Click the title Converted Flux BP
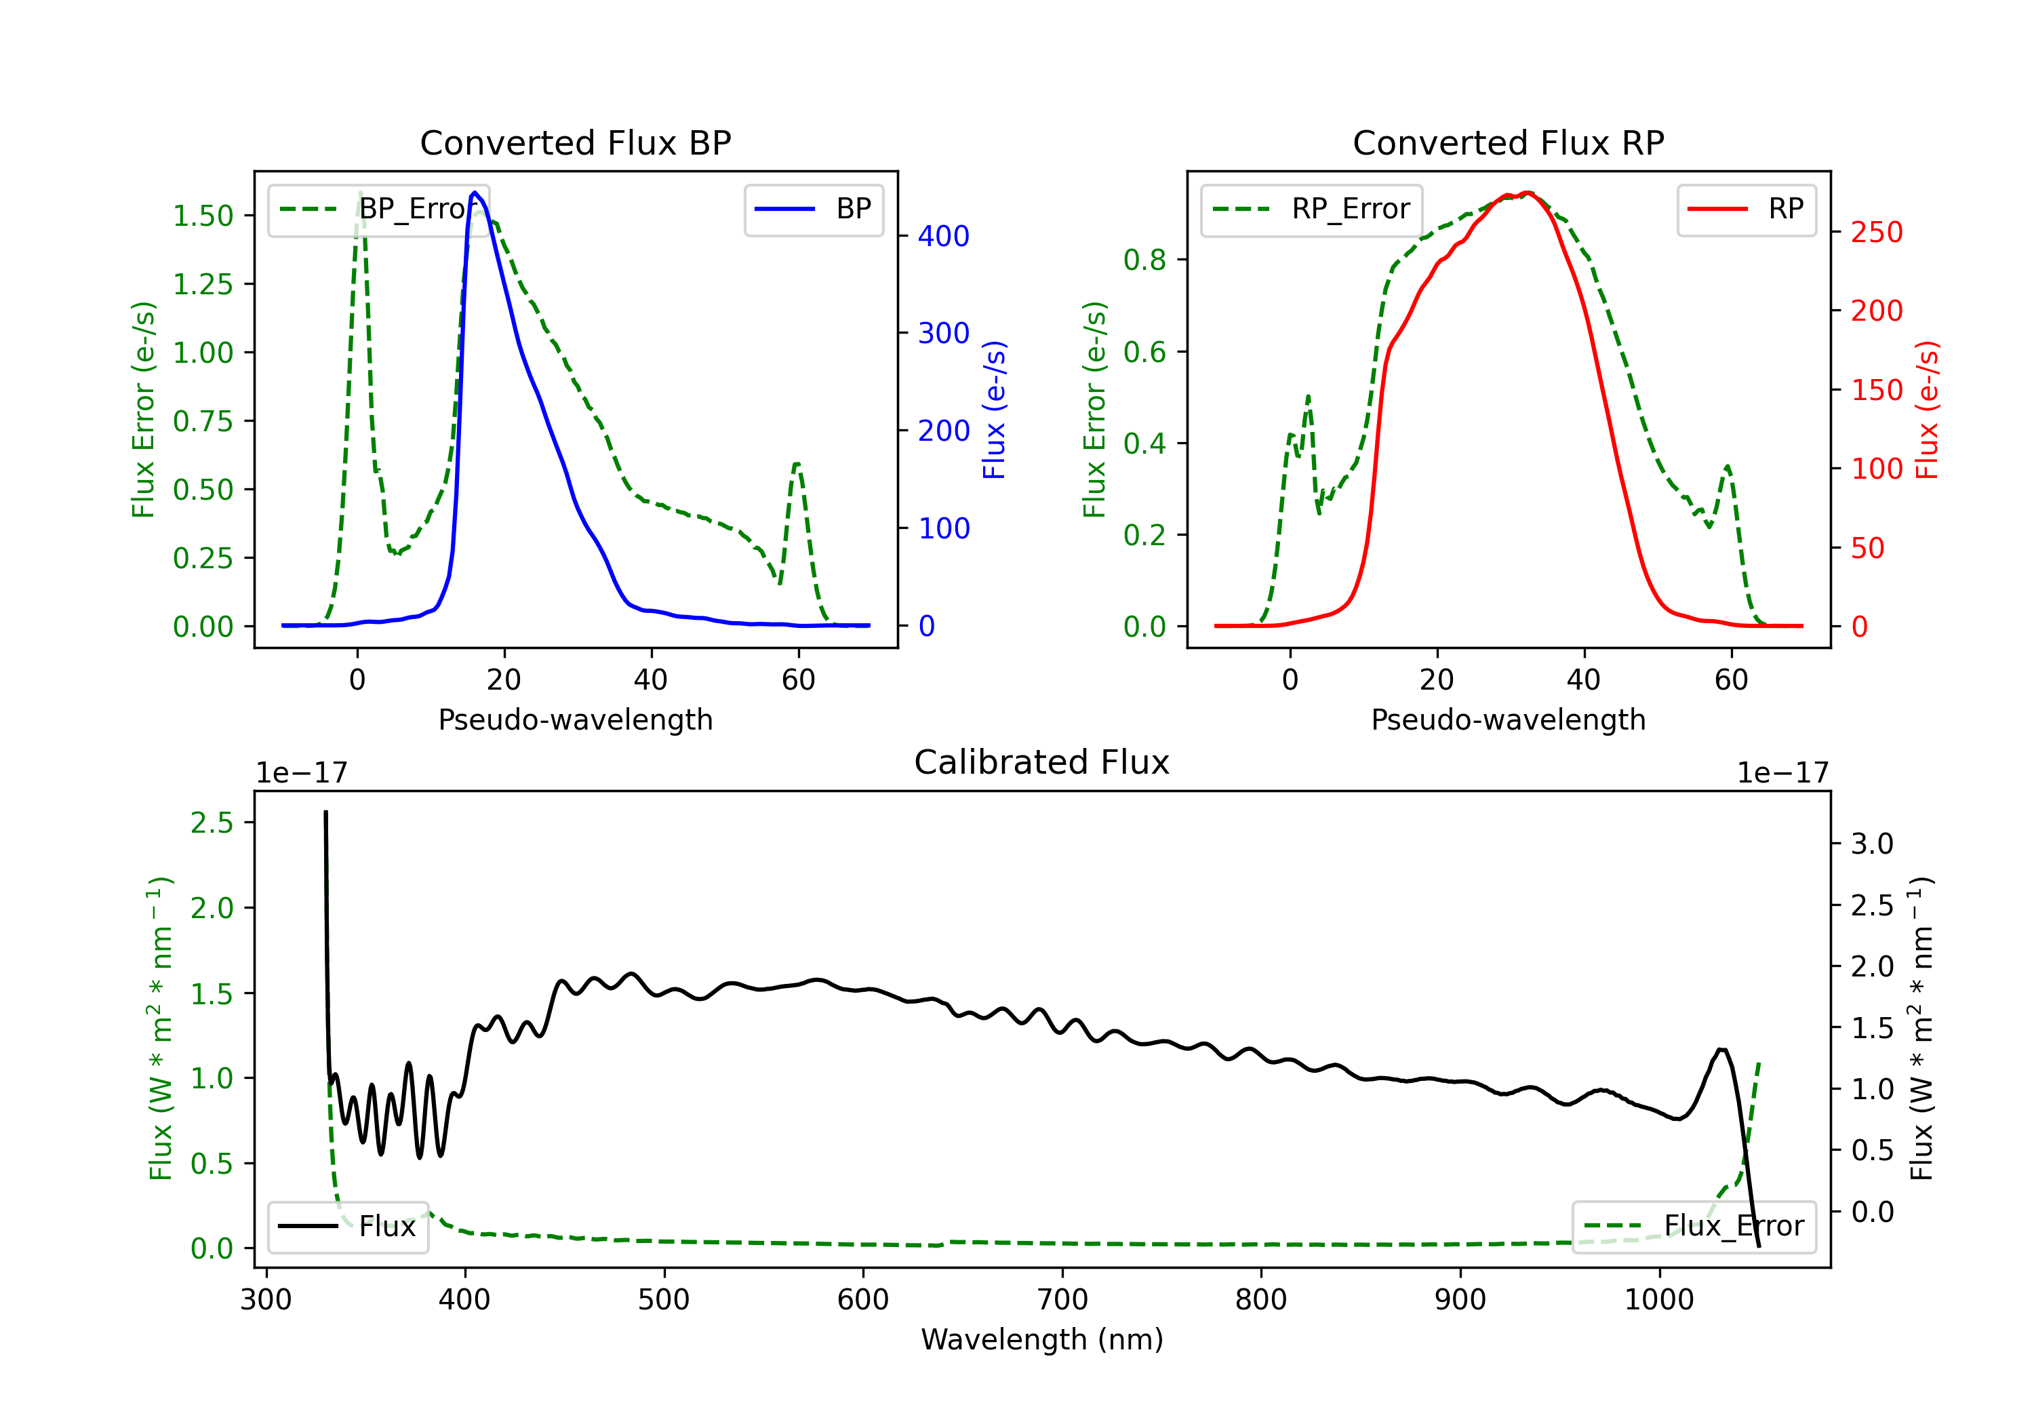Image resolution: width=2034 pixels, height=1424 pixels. pos(575,142)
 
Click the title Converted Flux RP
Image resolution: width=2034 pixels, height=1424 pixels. pos(1508,142)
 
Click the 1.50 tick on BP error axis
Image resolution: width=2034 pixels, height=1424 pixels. pos(203,216)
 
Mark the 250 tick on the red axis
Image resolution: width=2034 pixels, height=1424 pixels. pos(1876,232)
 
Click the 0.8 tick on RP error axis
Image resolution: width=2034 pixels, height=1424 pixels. pos(1144,260)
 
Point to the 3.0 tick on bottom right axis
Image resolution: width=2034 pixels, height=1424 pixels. pos(1872,844)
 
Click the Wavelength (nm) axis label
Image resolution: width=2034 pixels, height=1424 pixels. pos(1042,1339)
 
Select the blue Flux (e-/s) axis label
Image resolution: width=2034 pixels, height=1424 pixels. pos(994,410)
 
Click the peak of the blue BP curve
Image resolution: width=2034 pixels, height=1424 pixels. pos(475,193)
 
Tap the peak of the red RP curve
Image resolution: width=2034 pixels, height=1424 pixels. pos(1528,193)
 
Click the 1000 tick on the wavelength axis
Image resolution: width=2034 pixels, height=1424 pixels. pos(1658,1299)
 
